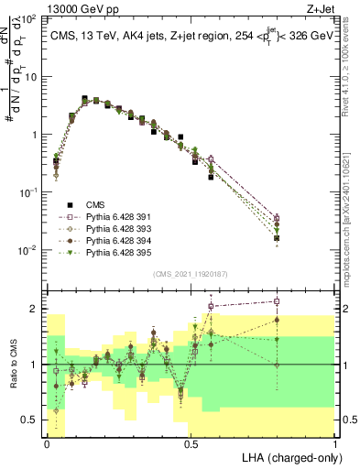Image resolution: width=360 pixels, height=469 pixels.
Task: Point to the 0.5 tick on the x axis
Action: pyautogui.click(x=191, y=443)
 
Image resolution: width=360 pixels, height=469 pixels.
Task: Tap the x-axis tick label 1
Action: pyautogui.click(x=335, y=443)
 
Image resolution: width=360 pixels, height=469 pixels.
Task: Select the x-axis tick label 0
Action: pyautogui.click(x=47, y=443)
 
